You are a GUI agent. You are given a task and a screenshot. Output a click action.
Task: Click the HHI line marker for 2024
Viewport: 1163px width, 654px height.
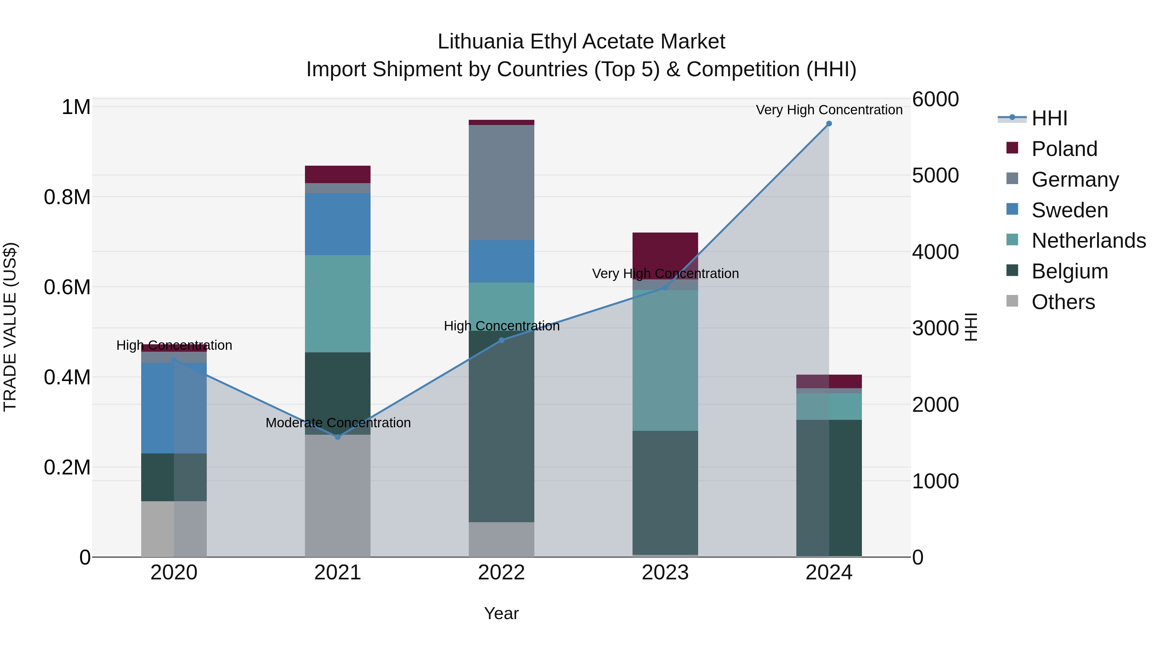[x=829, y=124]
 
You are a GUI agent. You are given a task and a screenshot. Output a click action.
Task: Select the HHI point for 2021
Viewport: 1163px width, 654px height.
[x=338, y=437]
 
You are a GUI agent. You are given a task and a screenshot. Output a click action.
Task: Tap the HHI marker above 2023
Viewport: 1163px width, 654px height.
[x=665, y=287]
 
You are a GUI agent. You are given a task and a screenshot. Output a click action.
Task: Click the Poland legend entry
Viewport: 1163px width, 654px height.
[x=1064, y=149]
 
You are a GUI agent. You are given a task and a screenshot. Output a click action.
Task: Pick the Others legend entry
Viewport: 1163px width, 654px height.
[x=1063, y=302]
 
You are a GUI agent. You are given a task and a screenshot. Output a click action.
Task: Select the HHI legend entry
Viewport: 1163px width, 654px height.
[x=1049, y=118]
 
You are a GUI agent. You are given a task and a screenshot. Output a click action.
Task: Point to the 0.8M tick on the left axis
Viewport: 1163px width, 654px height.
[x=67, y=198]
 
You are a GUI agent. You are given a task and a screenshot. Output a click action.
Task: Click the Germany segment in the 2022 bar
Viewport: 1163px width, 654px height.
[x=501, y=182]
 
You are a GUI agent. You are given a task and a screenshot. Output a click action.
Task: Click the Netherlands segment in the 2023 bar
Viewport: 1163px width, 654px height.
[x=665, y=360]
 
